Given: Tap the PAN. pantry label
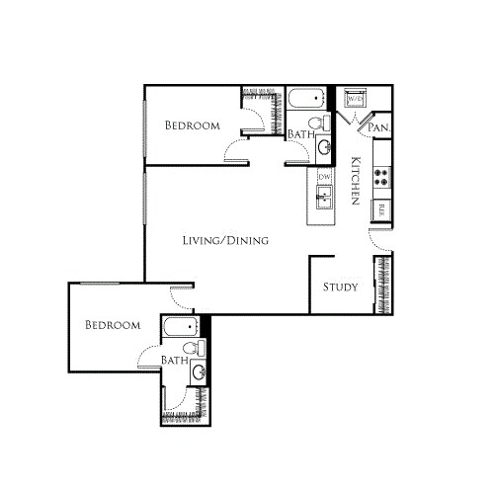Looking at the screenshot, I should (x=377, y=128).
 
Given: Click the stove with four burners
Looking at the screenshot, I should (x=380, y=178).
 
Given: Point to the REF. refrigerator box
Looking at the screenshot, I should (x=380, y=208).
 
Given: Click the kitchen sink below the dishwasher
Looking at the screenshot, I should (x=323, y=201).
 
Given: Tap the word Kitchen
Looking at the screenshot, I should (x=354, y=183).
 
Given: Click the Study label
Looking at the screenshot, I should (x=339, y=288).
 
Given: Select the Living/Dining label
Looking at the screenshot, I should (x=227, y=240).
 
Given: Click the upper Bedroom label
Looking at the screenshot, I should (x=193, y=125).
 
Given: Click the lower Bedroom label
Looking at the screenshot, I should (x=112, y=325).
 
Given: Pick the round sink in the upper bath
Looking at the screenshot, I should (x=324, y=147).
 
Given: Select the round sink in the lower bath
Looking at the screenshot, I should (x=200, y=372).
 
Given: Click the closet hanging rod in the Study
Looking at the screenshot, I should (x=381, y=286).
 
